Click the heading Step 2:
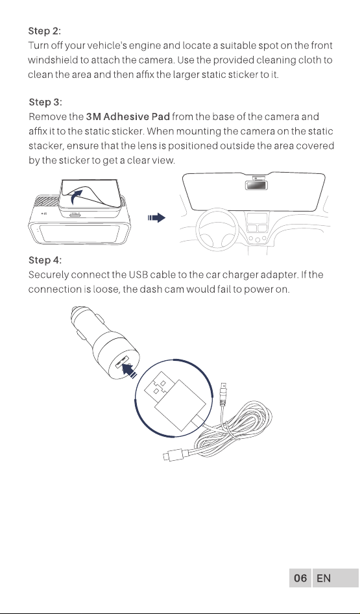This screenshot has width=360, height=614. tap(45, 31)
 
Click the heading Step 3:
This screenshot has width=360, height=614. tap(45, 102)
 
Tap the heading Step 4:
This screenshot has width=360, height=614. tap(45, 260)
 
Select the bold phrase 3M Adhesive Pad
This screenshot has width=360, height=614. tap(128, 117)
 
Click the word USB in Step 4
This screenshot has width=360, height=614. tap(138, 275)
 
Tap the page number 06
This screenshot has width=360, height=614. tap(300, 578)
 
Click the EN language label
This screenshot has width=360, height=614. tap(324, 578)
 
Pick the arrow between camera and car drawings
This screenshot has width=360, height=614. tap(157, 218)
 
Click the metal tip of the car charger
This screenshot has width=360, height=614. tap(77, 314)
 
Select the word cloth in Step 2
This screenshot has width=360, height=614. tap(311, 60)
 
